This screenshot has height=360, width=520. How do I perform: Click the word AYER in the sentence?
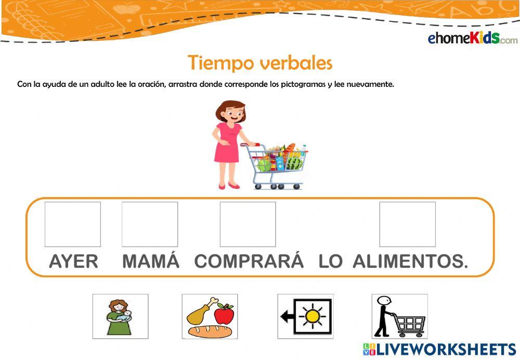point(73,262)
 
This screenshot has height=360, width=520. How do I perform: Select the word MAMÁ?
point(151,262)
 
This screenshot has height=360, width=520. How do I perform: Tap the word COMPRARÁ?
point(249,262)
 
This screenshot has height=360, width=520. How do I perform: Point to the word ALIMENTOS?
point(410,262)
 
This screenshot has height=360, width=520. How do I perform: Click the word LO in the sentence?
point(331,262)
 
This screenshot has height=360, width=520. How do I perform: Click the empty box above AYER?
point(73,224)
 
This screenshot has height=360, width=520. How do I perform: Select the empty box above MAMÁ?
point(150,224)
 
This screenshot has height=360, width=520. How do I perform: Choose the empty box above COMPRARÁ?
point(248,224)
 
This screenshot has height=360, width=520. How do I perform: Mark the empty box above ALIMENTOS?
point(408,224)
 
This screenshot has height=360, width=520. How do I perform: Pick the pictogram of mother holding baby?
point(120,316)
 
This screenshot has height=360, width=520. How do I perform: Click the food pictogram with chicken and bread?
point(210,316)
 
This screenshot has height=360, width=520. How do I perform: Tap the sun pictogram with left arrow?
point(306,316)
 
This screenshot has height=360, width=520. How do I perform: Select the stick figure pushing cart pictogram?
point(399,316)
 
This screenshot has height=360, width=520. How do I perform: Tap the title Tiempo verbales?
point(260,63)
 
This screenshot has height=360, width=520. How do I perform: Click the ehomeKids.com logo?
point(472,38)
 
